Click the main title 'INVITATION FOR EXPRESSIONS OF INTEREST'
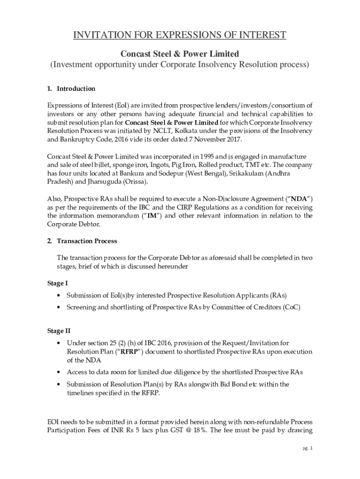click(180, 36)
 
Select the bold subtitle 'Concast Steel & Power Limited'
click(180, 54)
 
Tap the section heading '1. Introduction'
click(72, 88)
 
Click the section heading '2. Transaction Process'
click(82, 241)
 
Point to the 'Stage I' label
click(58, 283)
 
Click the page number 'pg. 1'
click(307, 449)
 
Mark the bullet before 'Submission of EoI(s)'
click(58, 296)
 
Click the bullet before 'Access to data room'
click(58, 372)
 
